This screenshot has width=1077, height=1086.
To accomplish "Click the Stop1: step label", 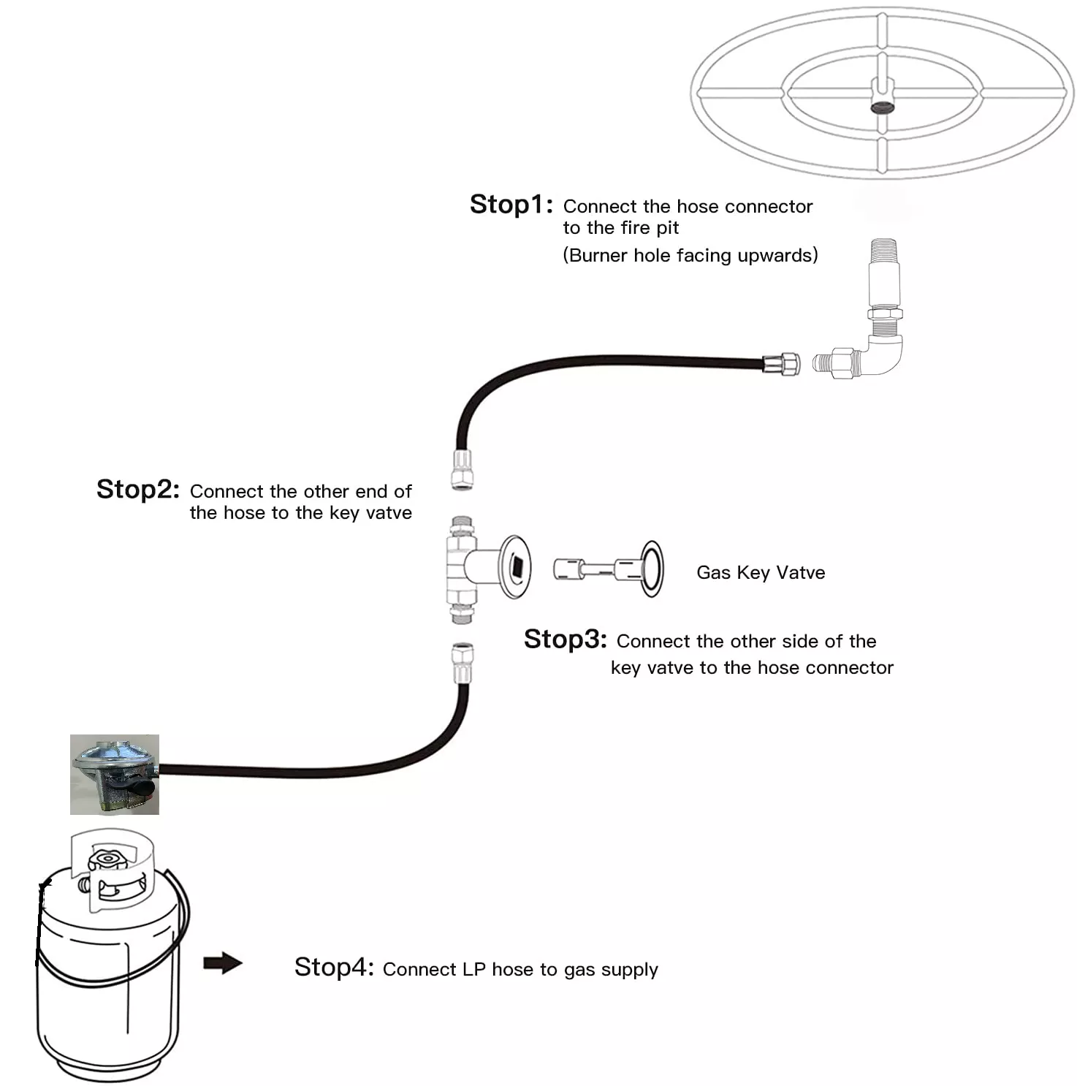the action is click(x=511, y=205).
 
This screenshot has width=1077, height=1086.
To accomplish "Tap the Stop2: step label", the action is click(x=137, y=489).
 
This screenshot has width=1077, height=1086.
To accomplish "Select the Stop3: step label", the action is click(x=565, y=639).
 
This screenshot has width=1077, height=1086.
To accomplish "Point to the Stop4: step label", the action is click(x=334, y=967).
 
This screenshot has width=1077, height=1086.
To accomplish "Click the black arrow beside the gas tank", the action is click(x=223, y=962).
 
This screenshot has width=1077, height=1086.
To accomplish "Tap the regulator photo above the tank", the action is click(x=115, y=775).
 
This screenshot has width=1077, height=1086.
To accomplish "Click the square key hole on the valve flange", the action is click(x=516, y=566).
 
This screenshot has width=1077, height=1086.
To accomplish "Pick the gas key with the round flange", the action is click(x=609, y=569).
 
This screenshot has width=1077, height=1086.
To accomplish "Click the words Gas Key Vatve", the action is click(x=761, y=572).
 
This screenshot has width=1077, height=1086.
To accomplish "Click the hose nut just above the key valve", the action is click(x=462, y=469).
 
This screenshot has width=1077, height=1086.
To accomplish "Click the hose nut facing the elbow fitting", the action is click(x=781, y=363).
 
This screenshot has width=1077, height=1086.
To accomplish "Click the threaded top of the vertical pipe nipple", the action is click(x=883, y=248).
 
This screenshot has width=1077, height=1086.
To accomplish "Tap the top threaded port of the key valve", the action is click(x=462, y=525).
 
